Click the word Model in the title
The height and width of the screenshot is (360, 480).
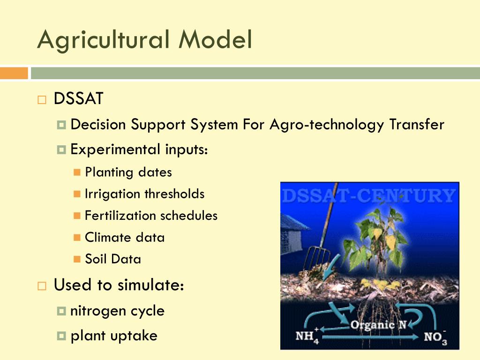pyautogui.click(x=215, y=39)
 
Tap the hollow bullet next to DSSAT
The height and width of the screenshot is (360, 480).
pyautogui.click(x=42, y=100)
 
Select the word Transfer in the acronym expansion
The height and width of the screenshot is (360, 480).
pyautogui.click(x=417, y=124)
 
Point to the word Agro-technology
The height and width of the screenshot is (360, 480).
pyautogui.click(x=327, y=125)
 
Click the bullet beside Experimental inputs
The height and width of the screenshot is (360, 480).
pyautogui.click(x=61, y=150)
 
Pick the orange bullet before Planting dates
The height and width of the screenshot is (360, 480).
pyautogui.click(x=77, y=172)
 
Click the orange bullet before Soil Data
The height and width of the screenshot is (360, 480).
pyautogui.click(x=77, y=259)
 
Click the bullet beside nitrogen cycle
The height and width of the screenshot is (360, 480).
pyautogui.click(x=61, y=311)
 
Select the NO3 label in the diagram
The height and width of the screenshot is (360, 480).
pyautogui.click(x=435, y=337)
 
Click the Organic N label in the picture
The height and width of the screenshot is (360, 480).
pyautogui.click(x=378, y=325)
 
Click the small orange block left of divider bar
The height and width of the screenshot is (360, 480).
pyautogui.click(x=14, y=73)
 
